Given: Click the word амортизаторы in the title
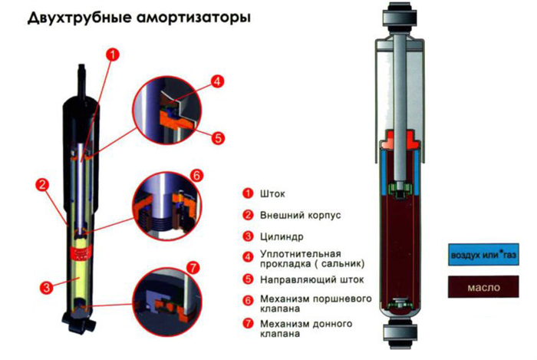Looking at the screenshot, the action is point(193,18).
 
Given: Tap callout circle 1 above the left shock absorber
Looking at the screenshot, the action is point(113,54).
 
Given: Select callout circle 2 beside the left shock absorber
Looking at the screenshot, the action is point(42,185).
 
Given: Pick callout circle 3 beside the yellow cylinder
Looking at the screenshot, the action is point(47,287).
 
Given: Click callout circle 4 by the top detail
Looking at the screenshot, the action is point(217,81).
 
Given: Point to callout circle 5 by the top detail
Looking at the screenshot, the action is point(218,138).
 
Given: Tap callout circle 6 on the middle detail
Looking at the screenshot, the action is point(196,175).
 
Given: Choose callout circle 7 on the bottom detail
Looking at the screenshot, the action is point(193,267).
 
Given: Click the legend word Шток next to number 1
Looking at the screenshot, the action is point(272,194).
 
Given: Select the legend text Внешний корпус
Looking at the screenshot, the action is point(301,216).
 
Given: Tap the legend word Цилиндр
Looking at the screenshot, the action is point(282,236).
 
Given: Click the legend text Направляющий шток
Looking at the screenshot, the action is point(311,280).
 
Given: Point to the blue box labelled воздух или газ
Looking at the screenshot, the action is point(483,255).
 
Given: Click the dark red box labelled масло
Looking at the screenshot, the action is point(483,287).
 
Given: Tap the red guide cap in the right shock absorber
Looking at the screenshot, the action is point(400,141).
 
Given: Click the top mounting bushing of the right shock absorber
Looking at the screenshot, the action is point(400,16).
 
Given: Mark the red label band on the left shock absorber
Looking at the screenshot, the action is point(81,253).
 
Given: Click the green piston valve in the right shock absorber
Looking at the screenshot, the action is point(400,190).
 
